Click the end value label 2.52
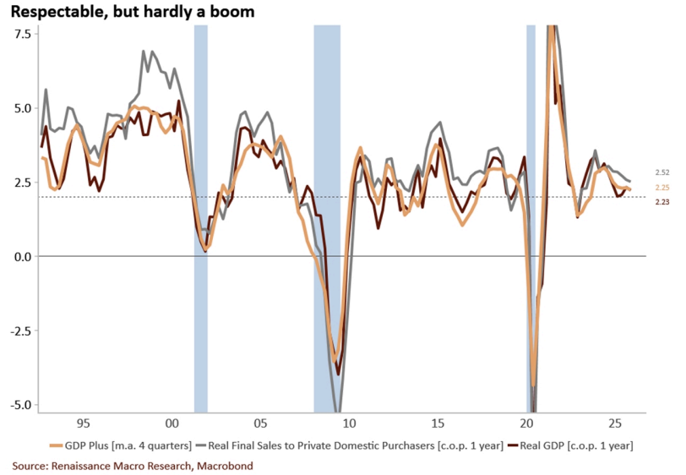click(662, 172)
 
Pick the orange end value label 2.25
click(662, 188)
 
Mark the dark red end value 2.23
click(662, 203)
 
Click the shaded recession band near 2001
click(200, 211)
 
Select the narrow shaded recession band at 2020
click(531, 211)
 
